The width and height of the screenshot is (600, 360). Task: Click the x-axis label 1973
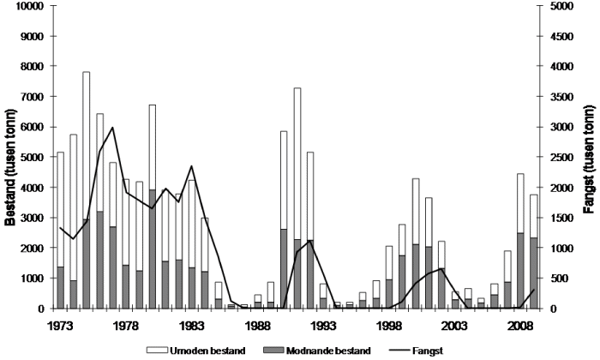point(60,326)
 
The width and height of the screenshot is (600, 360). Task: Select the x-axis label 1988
point(257,326)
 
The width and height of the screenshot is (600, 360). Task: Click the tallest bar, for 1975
point(87,189)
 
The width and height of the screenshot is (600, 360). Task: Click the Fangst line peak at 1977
point(112,127)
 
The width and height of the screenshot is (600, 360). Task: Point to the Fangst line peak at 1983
point(191,166)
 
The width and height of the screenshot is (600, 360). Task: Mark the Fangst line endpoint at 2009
point(534,290)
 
